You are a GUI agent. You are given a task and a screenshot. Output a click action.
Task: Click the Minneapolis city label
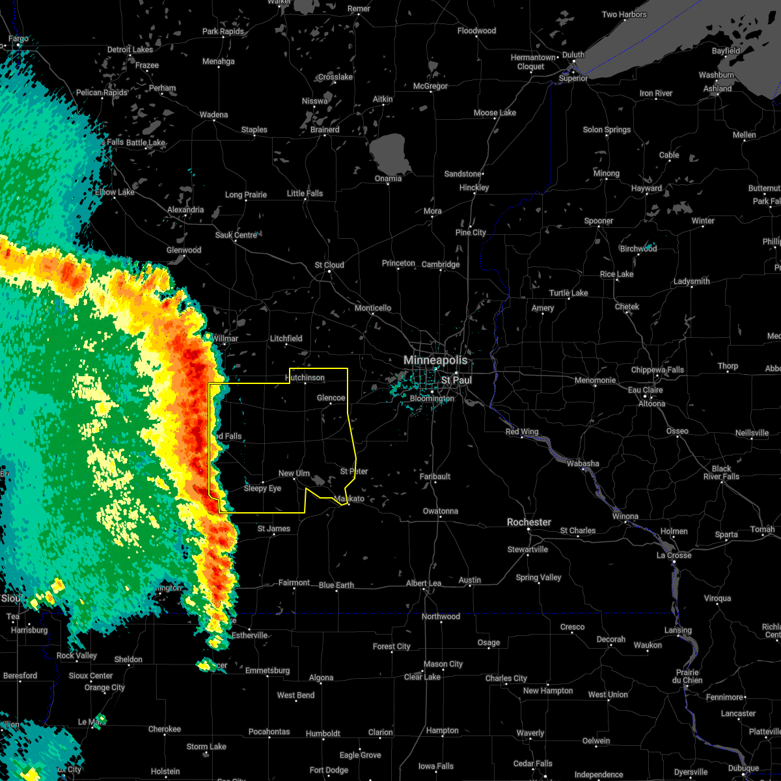[x=435, y=360]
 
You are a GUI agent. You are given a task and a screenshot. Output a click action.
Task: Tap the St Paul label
[x=456, y=380]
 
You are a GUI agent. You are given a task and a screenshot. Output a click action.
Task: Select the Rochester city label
[x=529, y=522]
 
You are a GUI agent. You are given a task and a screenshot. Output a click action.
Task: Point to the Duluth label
[x=573, y=55]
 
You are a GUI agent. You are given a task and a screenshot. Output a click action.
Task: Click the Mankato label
[x=349, y=499]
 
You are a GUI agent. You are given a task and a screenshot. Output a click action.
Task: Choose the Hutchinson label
[x=305, y=377]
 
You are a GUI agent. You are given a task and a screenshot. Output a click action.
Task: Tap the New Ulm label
[x=294, y=474]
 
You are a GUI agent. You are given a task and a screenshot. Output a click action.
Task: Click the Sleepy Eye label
[x=262, y=488]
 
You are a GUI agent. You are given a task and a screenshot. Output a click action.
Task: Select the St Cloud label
[x=329, y=265]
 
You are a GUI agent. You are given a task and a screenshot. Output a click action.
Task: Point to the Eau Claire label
[x=644, y=390]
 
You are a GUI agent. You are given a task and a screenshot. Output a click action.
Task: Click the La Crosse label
[x=674, y=555]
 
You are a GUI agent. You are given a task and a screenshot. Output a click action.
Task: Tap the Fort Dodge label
[x=329, y=770]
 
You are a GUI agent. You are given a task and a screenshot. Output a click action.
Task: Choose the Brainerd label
[x=325, y=130]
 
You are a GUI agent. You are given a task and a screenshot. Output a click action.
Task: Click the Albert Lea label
[x=424, y=583]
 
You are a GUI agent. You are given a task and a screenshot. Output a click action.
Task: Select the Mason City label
[x=443, y=664]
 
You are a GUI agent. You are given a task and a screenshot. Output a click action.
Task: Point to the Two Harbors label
[x=624, y=14]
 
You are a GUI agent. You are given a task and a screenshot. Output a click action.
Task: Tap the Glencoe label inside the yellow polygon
[x=331, y=398]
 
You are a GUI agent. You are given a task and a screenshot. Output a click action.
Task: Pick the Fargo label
[x=18, y=39]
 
